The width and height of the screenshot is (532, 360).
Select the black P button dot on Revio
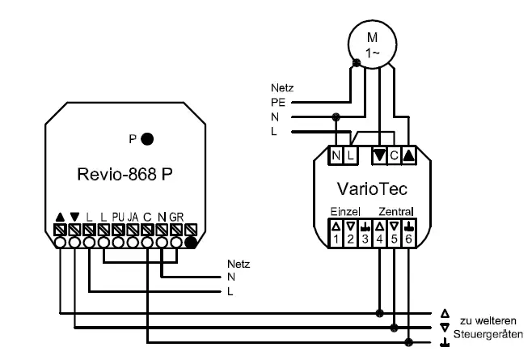147,138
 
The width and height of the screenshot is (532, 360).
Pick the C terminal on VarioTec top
393,153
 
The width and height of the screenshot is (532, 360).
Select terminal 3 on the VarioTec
365,237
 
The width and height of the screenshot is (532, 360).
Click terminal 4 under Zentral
380,237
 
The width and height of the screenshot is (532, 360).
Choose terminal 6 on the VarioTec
408,237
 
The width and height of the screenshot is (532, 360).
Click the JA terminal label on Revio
132,216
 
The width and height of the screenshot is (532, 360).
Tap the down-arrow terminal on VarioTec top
378,153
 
